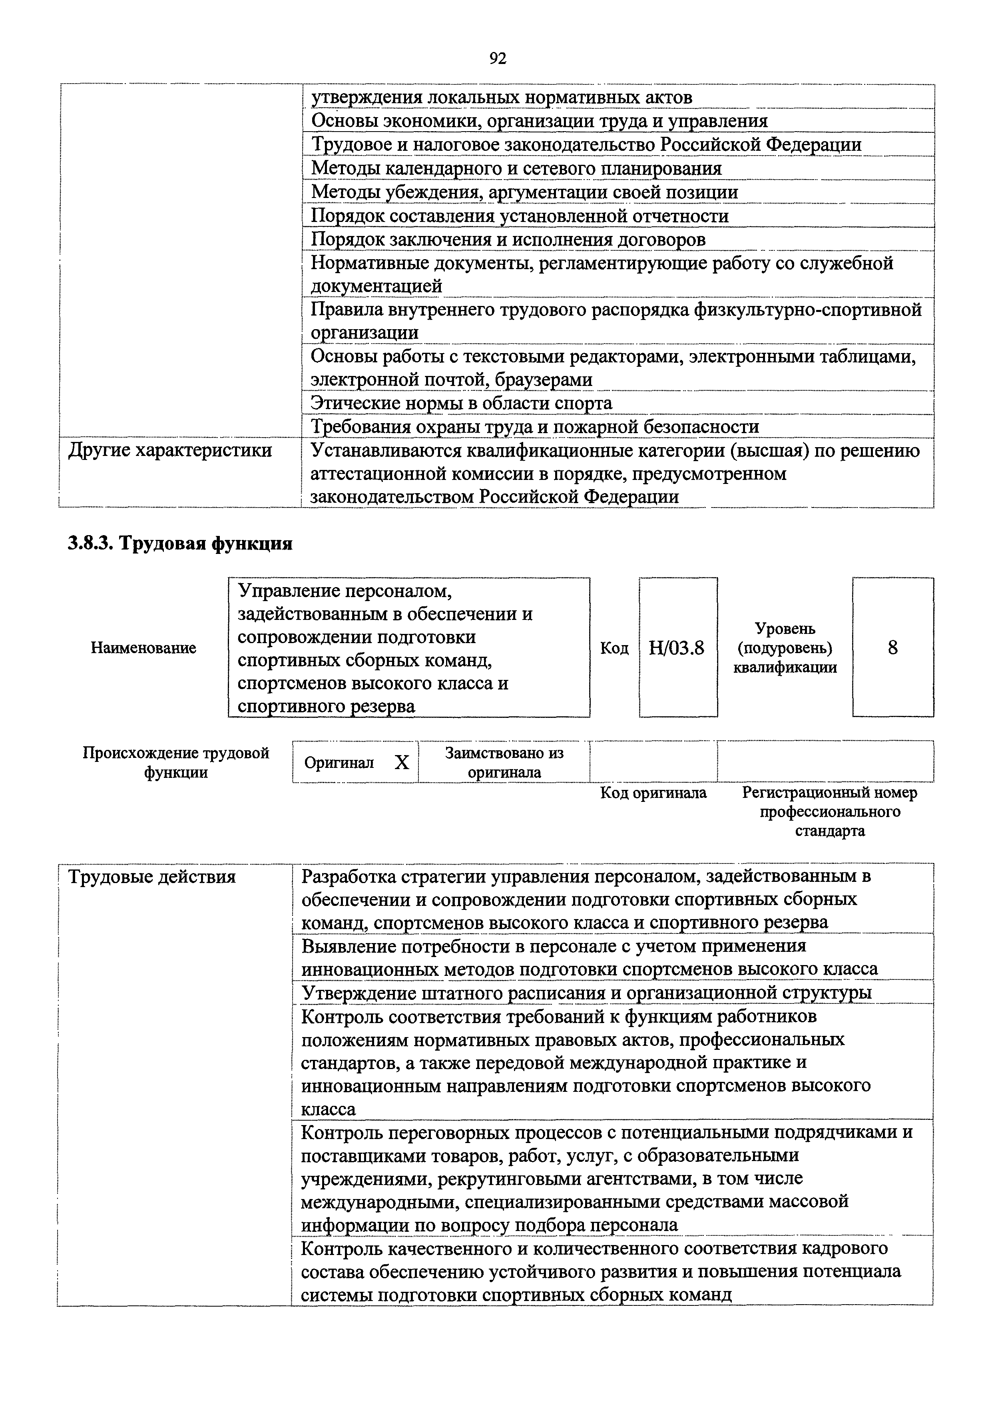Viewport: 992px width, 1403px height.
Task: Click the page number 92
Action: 498,59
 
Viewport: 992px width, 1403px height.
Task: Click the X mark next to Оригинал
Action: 401,762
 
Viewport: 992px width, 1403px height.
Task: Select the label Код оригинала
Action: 653,793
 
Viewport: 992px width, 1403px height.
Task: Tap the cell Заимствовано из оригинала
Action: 504,762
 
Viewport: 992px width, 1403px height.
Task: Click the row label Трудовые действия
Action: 152,877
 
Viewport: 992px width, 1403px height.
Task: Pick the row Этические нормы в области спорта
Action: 462,403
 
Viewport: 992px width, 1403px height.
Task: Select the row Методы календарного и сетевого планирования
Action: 516,168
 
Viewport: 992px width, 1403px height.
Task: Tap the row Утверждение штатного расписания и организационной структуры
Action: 586,992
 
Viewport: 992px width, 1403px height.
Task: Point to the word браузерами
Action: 543,380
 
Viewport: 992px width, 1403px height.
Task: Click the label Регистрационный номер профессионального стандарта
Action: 829,811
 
